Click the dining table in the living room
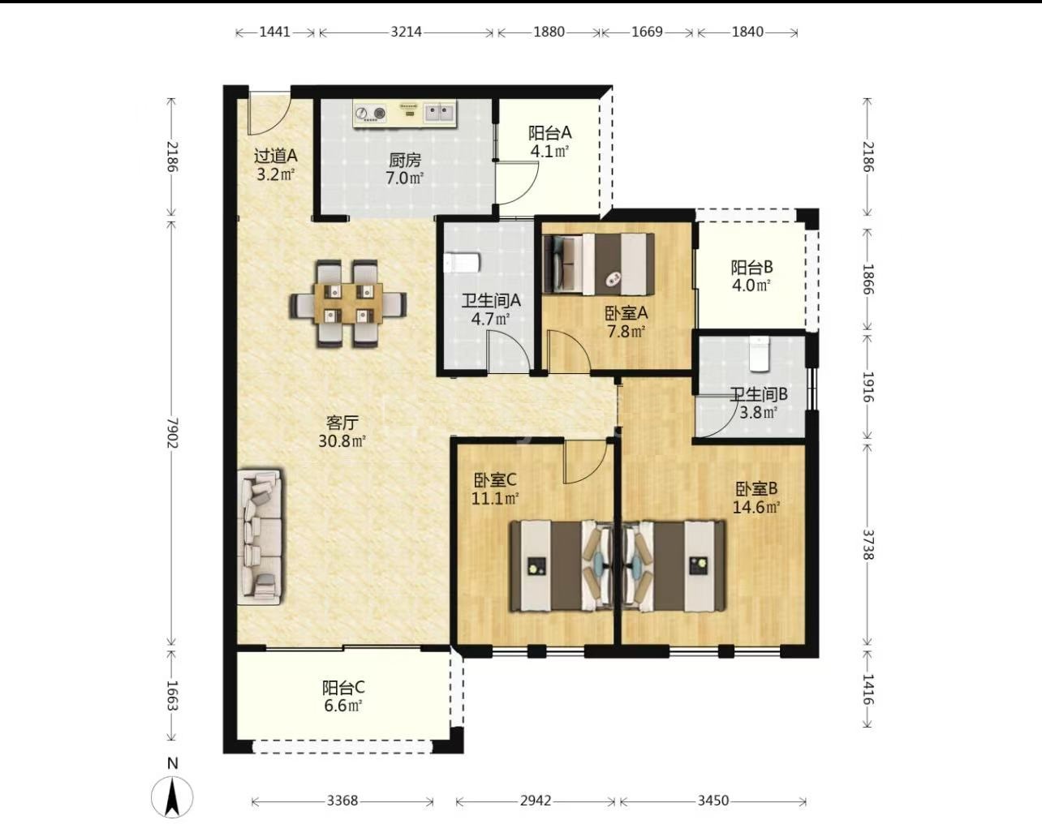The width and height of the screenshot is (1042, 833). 348,303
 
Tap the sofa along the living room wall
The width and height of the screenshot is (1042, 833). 260,536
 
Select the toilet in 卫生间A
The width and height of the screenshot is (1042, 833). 462,263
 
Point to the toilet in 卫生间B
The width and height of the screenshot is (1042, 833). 760,354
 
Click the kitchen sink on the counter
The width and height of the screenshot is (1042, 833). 440,113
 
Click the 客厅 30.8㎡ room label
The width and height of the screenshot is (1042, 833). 342,432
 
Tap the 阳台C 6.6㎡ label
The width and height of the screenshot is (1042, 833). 343,697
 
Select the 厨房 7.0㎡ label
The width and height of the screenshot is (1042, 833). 405,169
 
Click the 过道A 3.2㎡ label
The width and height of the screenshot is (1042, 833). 275,165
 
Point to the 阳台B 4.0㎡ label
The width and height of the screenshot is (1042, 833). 751,277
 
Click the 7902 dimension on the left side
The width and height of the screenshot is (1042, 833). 172,433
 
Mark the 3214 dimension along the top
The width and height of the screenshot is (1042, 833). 407,32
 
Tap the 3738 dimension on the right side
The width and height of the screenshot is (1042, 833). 868,544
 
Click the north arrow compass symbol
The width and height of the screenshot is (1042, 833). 172,797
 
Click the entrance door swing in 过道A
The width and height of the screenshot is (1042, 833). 269,112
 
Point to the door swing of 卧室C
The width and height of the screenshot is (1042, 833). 586,462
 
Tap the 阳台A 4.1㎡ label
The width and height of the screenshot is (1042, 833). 549,142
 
